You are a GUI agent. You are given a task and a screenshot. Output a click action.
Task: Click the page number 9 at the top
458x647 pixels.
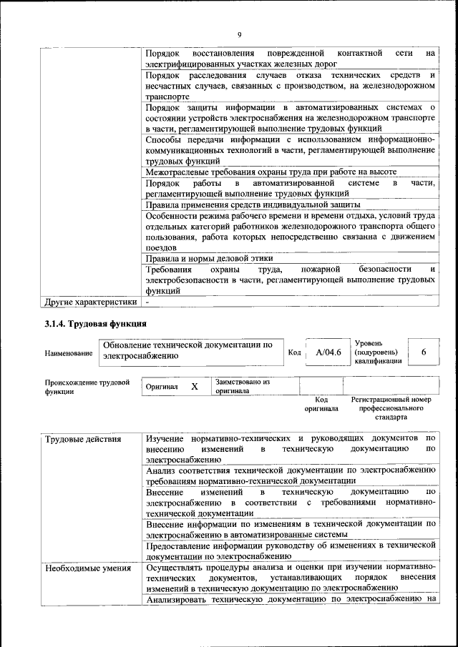239,34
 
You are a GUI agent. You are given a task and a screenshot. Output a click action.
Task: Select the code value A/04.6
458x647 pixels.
328,352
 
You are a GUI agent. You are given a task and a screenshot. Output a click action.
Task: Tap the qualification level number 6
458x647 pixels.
424,352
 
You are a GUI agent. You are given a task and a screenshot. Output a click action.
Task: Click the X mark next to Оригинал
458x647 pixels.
194,386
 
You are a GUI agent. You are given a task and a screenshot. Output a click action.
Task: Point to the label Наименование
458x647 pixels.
69,353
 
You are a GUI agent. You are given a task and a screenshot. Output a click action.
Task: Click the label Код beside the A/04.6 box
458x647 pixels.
294,352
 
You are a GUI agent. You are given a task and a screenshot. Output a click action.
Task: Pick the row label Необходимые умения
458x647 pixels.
87,569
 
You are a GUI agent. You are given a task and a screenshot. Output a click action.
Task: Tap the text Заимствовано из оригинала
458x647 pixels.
242,387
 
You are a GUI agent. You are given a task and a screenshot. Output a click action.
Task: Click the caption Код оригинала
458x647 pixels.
321,405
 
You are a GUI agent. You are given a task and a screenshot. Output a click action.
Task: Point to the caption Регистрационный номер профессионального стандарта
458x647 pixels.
393,408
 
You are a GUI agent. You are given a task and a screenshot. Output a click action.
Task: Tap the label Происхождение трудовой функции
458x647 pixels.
87,387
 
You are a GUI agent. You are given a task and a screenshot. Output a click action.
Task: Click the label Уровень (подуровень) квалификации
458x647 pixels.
377,352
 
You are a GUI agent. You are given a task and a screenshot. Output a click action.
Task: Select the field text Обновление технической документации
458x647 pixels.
187,349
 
